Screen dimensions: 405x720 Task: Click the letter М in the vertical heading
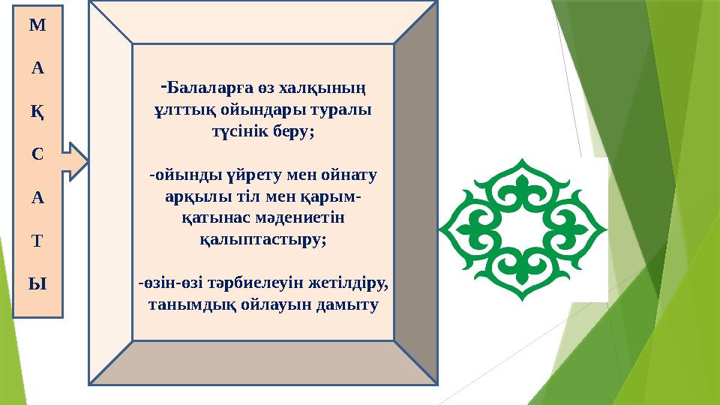click(x=37, y=25)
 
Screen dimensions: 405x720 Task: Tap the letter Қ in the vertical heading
click(x=37, y=111)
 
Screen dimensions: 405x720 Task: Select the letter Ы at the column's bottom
click(x=37, y=283)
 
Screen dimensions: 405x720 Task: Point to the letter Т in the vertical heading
click(x=37, y=241)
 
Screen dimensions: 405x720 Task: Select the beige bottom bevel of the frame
click(x=262, y=363)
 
